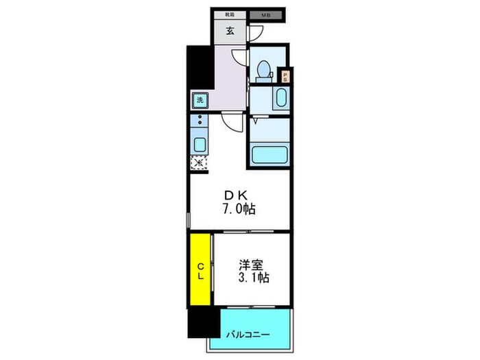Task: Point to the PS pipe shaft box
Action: (286, 77)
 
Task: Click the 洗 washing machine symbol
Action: (200, 100)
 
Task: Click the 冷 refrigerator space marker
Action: (198, 163)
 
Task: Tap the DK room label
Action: (235, 195)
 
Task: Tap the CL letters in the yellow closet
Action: (201, 271)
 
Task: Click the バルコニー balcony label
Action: (248, 335)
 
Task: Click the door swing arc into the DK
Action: (232, 123)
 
